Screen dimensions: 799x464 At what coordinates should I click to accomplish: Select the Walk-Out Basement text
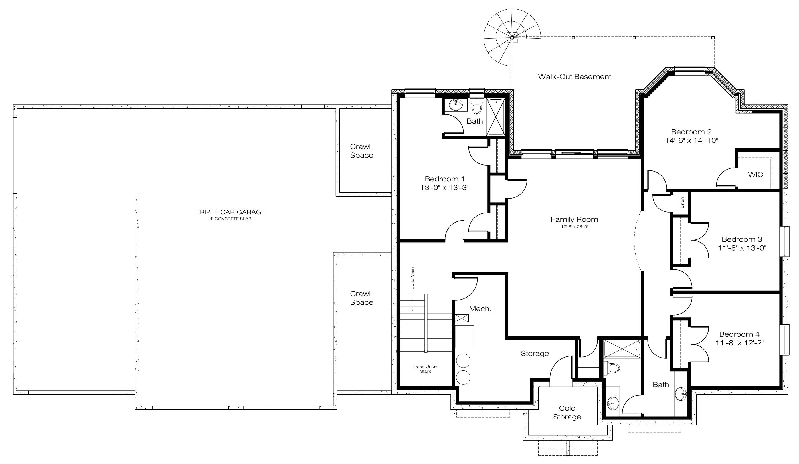[575, 77]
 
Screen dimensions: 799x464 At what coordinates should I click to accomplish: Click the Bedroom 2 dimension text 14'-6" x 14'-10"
[691, 140]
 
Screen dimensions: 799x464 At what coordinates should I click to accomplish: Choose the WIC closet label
[755, 174]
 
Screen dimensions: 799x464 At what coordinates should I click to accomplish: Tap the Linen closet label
[682, 203]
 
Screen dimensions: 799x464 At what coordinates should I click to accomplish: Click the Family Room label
[574, 219]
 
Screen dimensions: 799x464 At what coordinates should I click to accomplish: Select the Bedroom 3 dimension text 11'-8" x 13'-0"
[742, 248]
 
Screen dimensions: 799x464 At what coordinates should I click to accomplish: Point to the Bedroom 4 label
[739, 334]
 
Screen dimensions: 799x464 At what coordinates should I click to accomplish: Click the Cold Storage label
[567, 413]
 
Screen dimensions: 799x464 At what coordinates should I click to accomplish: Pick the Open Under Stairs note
[426, 369]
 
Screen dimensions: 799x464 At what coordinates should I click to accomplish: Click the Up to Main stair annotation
[412, 278]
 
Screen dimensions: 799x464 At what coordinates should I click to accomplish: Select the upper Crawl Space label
[361, 151]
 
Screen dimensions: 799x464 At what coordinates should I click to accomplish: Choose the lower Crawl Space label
[361, 298]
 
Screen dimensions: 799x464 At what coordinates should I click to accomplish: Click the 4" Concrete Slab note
[230, 219]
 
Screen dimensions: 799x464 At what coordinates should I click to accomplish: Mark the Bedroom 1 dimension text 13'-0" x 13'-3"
[444, 188]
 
